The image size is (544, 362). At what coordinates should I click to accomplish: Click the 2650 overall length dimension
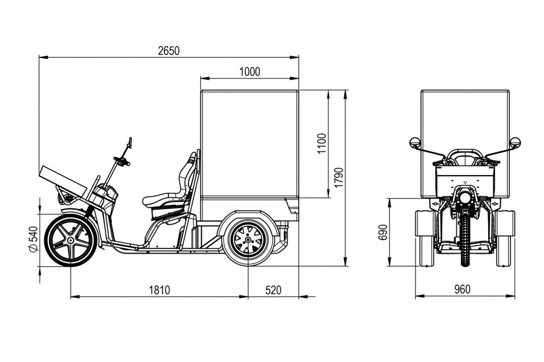click(x=169, y=50)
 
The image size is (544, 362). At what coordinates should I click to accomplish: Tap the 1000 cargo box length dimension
click(x=250, y=72)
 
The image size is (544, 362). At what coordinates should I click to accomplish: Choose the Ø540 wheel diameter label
click(x=33, y=240)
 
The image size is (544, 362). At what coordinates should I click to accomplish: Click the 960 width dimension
click(x=462, y=290)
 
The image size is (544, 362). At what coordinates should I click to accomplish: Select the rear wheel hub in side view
click(x=248, y=240)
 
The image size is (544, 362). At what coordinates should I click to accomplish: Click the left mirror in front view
click(x=415, y=143)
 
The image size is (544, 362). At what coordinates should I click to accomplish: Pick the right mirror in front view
click(x=515, y=143)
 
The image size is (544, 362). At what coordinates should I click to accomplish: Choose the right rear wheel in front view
click(x=506, y=237)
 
